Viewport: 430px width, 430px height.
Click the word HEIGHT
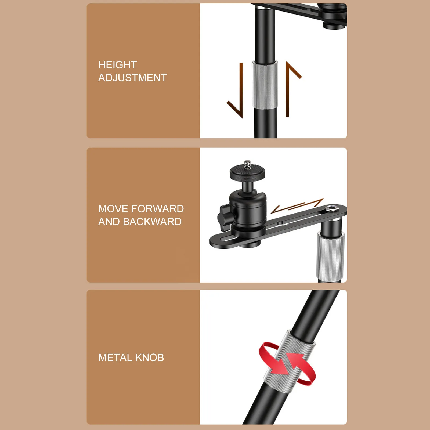coord(117,65)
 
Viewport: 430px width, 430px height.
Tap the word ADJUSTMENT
coord(132,78)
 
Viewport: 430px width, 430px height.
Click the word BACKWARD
coord(152,222)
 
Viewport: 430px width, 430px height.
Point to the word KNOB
coord(150,357)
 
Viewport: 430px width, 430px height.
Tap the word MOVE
coord(113,209)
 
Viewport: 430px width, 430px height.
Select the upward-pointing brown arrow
coord(290,86)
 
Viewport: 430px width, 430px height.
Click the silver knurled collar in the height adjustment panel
coord(265,85)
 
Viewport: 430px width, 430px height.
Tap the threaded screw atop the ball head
coord(247,164)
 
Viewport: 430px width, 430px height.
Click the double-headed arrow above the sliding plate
coord(297,206)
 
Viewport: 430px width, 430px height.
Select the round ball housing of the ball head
coord(248,208)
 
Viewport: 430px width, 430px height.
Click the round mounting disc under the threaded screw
coord(247,172)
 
